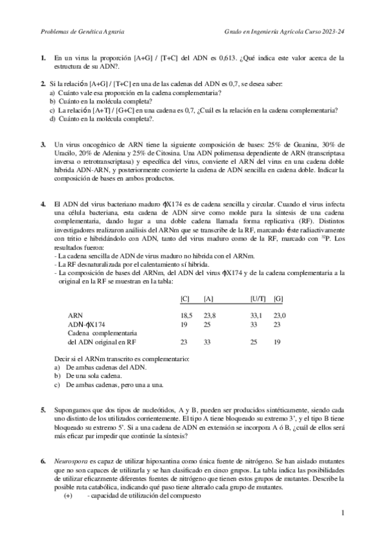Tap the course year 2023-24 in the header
point(332,30)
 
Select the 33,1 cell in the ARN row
point(256,316)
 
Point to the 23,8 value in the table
point(210,316)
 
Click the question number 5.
point(42,410)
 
